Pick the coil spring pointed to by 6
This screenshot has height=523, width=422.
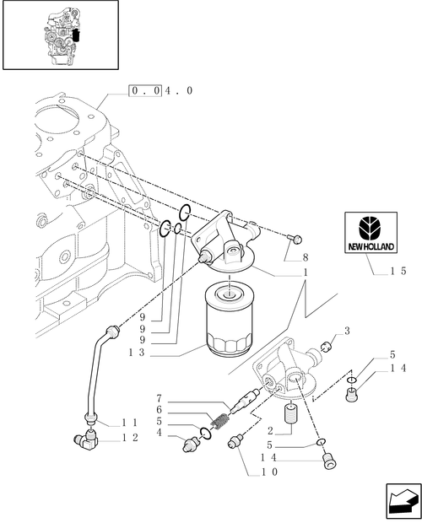[x=220, y=415]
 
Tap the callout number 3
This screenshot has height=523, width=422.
[x=346, y=331]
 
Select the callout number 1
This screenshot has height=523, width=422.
[x=305, y=273]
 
